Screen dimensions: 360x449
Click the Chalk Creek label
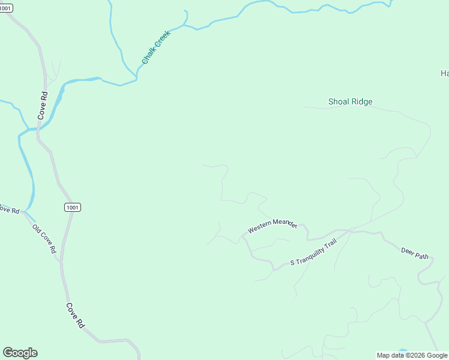[x=157, y=47]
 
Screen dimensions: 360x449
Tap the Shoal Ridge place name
[x=350, y=101]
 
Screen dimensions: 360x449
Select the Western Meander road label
[x=273, y=226]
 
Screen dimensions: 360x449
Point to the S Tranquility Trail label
[x=313, y=254]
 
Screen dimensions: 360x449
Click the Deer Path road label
[x=415, y=252]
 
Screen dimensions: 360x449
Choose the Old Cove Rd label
[x=44, y=238]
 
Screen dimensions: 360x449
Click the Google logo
[x=20, y=353]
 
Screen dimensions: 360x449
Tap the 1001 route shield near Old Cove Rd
[x=72, y=207]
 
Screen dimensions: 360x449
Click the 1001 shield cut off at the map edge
[x=5, y=8]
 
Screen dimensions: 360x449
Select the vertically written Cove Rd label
[x=43, y=106]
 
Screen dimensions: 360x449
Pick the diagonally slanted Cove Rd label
[x=74, y=314]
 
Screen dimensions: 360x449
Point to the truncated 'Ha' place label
[x=444, y=73]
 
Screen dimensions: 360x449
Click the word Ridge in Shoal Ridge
[x=361, y=101]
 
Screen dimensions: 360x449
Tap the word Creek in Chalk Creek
[x=163, y=40]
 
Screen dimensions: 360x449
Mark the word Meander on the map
[x=285, y=223]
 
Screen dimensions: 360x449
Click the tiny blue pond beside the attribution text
[x=402, y=351]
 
